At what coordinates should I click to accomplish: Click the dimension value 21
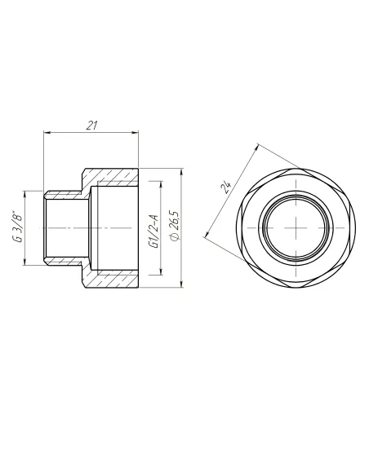pos(91,125)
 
